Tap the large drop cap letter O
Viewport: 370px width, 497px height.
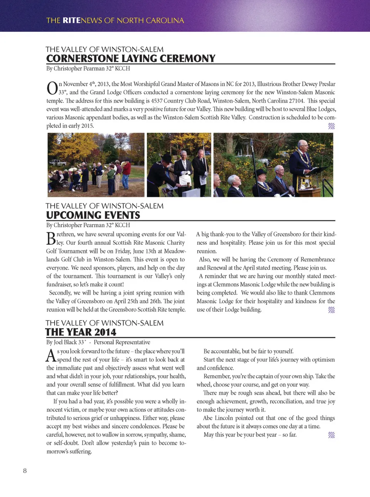coord(52,88)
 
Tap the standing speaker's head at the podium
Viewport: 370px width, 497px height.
coord(303,146)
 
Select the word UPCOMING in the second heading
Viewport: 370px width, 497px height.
coord(72,215)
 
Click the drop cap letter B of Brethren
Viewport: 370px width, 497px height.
coord(51,238)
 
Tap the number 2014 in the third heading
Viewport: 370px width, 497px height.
coord(105,332)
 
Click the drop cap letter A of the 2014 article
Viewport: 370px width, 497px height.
coord(51,355)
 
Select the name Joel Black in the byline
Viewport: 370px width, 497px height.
coord(65,342)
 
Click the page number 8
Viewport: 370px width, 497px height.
coord(25,470)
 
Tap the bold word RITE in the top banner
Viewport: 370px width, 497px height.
coord(72,20)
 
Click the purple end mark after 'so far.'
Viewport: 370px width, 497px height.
coord(331,435)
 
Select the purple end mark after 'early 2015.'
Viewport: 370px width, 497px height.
coord(331,126)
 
